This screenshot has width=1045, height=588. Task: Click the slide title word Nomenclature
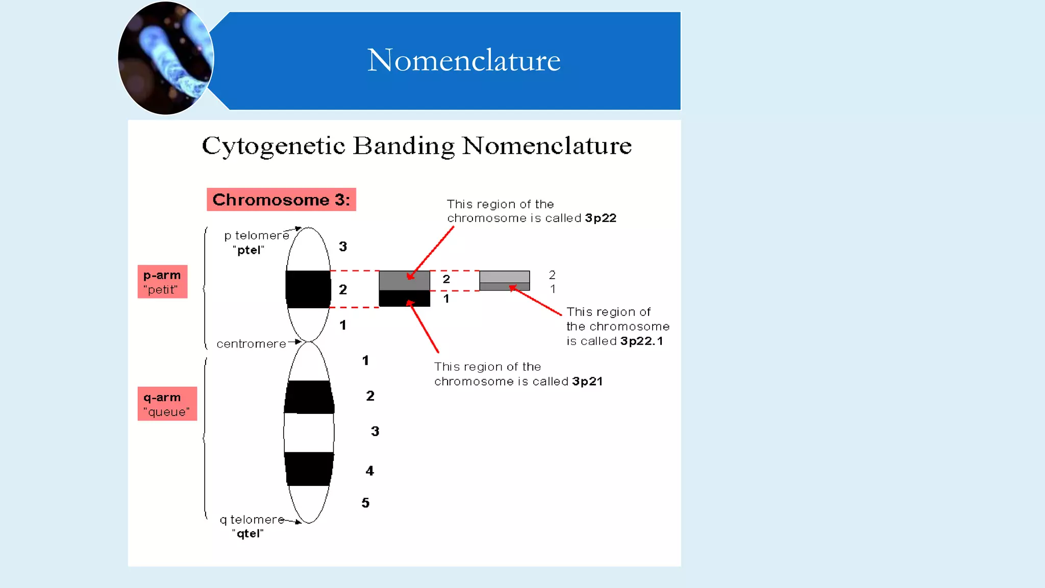pos(463,60)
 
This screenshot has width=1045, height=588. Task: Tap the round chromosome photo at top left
pos(165,58)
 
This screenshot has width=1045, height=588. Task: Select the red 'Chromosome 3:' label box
pos(281,200)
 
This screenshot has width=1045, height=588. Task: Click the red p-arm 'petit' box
pos(162,282)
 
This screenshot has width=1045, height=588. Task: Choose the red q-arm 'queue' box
pos(167,404)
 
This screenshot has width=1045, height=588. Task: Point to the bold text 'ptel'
pos(249,250)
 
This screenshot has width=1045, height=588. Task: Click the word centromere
pos(251,344)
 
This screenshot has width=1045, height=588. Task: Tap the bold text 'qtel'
pos(248,533)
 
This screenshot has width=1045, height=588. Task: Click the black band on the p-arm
pos(308,289)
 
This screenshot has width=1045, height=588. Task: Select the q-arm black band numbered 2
pos(309,397)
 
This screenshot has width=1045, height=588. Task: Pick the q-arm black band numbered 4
pos(309,469)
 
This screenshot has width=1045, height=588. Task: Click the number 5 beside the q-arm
pos(365,503)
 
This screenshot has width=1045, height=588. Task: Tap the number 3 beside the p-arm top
pos(343,247)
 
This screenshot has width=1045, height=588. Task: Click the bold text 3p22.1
pos(641,341)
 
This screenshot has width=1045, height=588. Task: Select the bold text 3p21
pos(587,381)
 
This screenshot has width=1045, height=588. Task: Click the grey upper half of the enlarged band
pos(404,280)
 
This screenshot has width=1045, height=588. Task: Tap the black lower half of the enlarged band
pos(404,299)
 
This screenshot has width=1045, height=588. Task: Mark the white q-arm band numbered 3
pos(309,432)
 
